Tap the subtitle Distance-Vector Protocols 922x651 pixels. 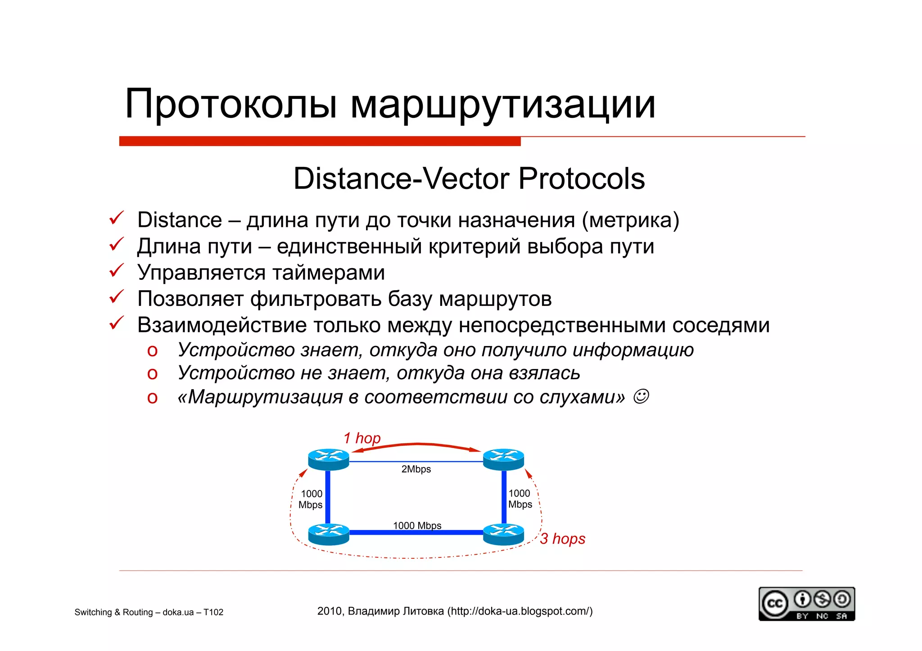(x=469, y=179)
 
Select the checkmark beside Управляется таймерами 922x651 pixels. (x=116, y=271)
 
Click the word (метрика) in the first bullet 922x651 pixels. (x=630, y=220)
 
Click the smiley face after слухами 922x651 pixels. (x=641, y=396)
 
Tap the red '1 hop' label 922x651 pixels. (x=362, y=438)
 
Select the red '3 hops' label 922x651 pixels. (x=563, y=539)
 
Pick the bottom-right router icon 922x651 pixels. (x=503, y=534)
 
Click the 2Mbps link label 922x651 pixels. (x=416, y=469)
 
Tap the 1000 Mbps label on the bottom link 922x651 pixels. (x=417, y=525)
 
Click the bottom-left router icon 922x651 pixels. (x=328, y=534)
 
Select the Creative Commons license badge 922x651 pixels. (x=806, y=604)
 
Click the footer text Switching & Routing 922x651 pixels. (x=115, y=612)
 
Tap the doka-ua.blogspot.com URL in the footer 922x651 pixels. (x=520, y=611)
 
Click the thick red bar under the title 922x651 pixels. (x=320, y=141)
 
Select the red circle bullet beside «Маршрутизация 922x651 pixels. (x=152, y=398)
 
